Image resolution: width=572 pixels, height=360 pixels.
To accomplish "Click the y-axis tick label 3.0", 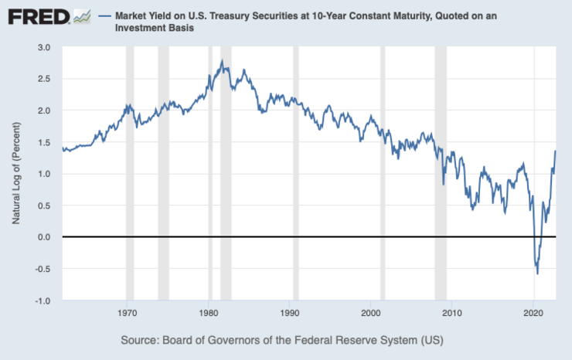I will pos(44,48).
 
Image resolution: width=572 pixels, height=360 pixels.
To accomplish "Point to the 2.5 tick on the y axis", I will pos(44,79).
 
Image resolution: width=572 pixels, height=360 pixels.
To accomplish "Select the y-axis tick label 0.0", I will pos(44,237).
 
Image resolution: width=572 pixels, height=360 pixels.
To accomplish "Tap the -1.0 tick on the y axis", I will pos(43,301).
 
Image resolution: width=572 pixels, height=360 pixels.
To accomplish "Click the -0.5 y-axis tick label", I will pos(43,269).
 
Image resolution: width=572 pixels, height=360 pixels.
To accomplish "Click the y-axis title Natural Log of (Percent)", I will pos(16,174).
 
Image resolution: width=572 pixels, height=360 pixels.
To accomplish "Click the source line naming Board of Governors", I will pos(281,340).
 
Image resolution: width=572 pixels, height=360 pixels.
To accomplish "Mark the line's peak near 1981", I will pos(223,61).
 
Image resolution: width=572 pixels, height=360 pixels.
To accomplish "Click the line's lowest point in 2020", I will pos(537,273).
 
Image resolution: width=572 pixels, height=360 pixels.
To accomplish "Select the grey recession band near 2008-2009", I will pos(441,174).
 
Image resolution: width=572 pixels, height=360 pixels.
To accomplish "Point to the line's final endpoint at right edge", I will pos(555,151).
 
